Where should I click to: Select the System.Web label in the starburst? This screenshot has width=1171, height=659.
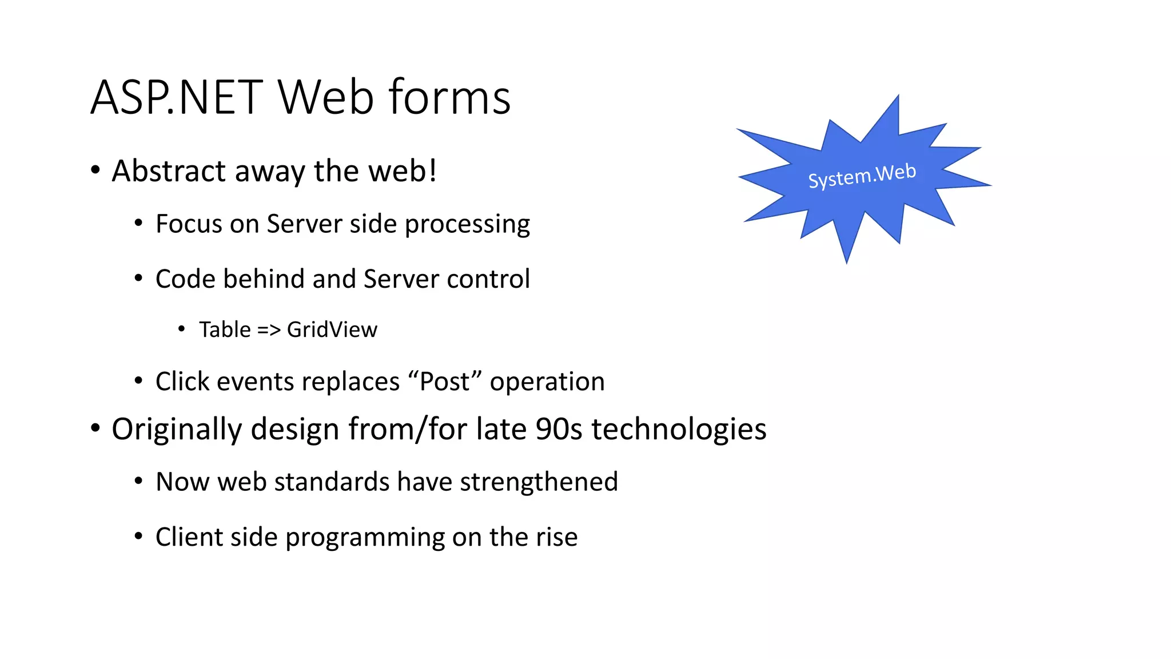coord(862,176)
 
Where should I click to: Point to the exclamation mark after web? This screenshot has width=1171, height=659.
coord(432,170)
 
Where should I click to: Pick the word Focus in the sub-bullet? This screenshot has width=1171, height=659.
coord(188,224)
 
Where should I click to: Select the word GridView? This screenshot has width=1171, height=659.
coord(332,330)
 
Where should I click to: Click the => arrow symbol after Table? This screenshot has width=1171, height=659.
coord(269,330)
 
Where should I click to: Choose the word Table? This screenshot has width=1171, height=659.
coord(225,330)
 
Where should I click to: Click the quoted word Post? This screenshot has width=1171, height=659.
coord(445,382)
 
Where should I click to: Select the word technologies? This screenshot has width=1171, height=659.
coord(679,430)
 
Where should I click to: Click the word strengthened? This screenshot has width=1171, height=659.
coord(539,482)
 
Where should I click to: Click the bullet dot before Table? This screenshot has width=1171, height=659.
coord(181,329)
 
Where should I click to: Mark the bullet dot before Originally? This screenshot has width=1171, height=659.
coord(95,428)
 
